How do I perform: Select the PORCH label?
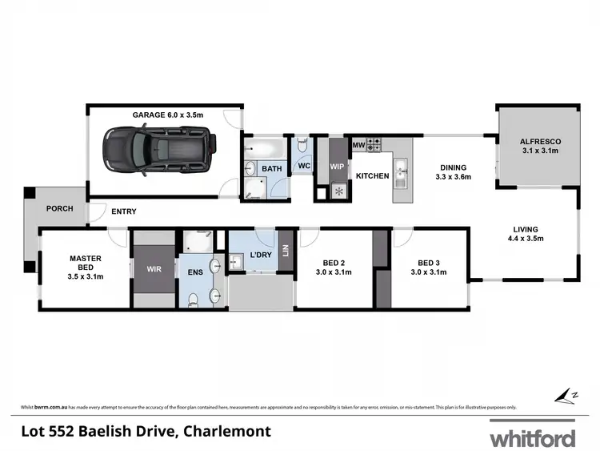tap(59, 209)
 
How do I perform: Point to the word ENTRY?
tap(123, 211)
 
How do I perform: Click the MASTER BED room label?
tap(86, 268)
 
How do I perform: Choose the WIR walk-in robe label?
tap(154, 269)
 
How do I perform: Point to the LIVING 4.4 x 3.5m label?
tap(526, 233)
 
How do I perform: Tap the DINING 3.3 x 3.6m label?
tap(454, 171)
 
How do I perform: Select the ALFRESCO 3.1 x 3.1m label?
tap(536, 145)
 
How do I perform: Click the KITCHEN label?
tap(372, 176)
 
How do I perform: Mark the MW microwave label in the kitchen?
tap(358, 145)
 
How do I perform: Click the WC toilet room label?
tap(303, 167)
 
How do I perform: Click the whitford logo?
tap(533, 437)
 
